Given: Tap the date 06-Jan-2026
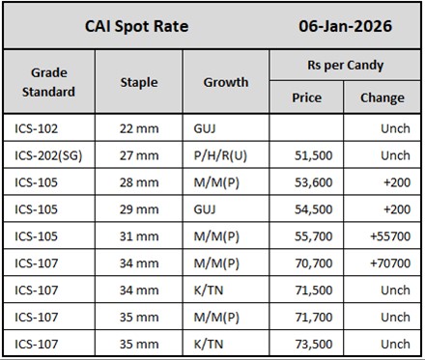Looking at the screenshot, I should [x=344, y=26].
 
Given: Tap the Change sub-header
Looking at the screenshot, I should [x=382, y=97].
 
